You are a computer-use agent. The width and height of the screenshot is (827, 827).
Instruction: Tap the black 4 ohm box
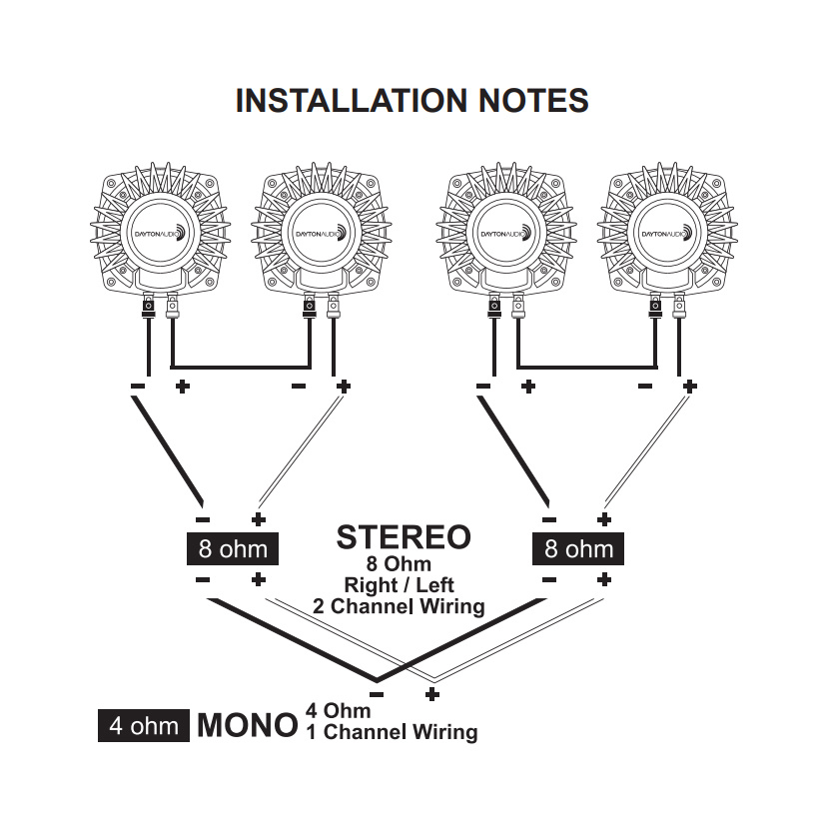pos(144,725)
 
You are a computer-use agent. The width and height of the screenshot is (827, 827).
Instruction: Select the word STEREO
pos(403,536)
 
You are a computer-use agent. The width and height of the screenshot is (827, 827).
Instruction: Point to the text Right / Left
pos(399,585)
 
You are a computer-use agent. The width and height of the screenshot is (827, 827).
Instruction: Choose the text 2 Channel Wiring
pos(399,605)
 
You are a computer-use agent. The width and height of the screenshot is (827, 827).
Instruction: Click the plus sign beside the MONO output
pos(432,692)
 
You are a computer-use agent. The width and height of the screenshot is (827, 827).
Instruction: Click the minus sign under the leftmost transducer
pos(137,387)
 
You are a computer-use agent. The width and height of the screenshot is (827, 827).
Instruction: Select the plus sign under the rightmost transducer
pos(688,386)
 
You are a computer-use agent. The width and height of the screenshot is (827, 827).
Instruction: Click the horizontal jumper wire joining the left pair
pos(239,365)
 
